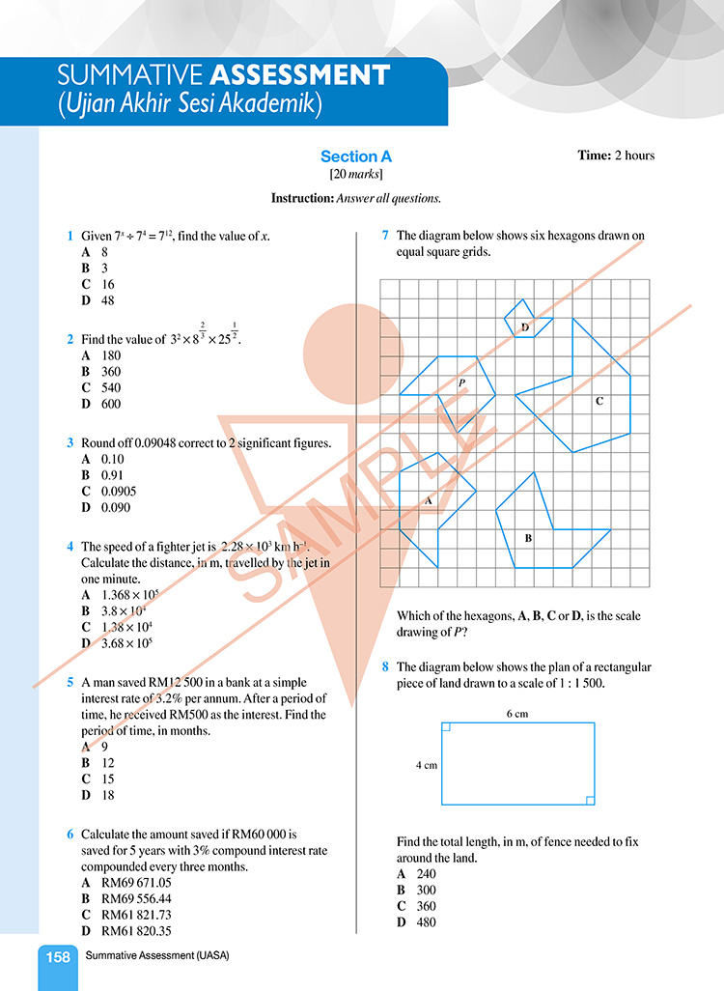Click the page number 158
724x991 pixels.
click(x=58, y=957)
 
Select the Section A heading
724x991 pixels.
click(x=356, y=156)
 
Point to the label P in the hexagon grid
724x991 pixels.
click(x=462, y=383)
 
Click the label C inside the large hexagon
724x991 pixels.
click(x=599, y=400)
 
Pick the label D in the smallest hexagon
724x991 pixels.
click(x=525, y=328)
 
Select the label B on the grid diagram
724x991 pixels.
click(x=528, y=538)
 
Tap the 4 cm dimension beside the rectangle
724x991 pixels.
click(x=427, y=764)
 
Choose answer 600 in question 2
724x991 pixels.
click(x=111, y=404)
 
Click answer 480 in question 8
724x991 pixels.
click(x=423, y=922)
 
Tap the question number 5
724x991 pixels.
click(x=70, y=682)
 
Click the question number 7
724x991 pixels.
click(x=385, y=235)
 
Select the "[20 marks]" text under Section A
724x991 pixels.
click(x=356, y=175)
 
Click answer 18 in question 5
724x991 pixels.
click(x=108, y=795)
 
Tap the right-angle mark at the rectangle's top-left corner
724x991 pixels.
click(x=448, y=728)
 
